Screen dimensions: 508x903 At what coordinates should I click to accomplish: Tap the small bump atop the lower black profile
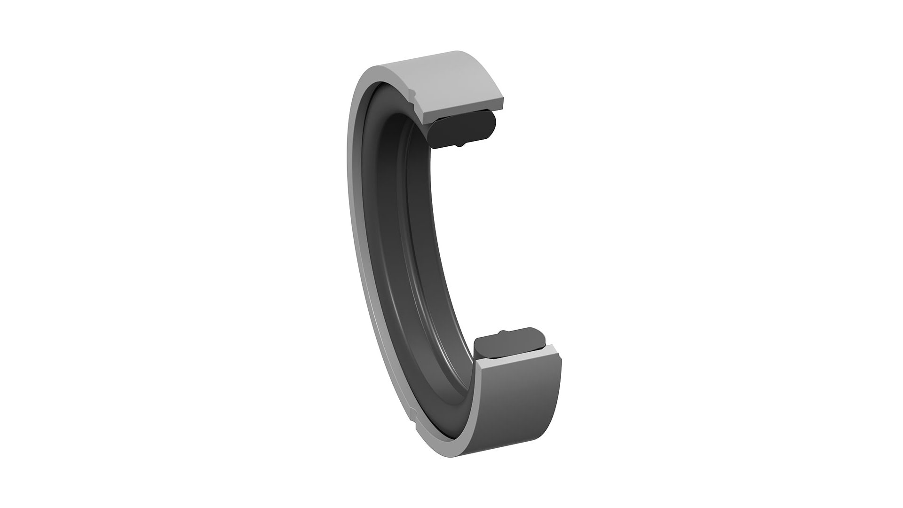(x=503, y=332)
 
